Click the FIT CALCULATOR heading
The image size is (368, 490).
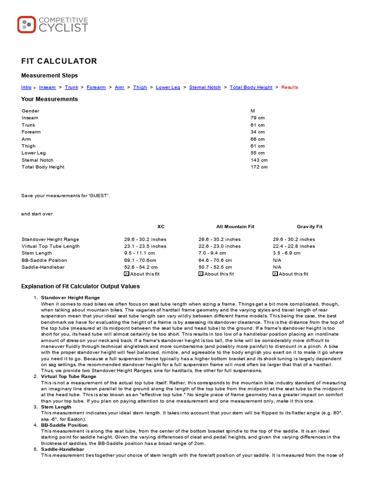tap(59, 61)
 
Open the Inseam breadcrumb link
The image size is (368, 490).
tap(47, 88)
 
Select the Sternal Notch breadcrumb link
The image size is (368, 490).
tap(205, 88)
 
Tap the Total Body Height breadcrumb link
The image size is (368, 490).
tap(251, 88)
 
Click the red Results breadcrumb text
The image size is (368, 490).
tap(289, 88)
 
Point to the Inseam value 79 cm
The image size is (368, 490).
tap(257, 118)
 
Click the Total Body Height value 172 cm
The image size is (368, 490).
tap(259, 167)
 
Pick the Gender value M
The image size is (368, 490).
tap(253, 111)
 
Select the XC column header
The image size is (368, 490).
tap(161, 226)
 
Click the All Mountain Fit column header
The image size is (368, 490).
tap(235, 226)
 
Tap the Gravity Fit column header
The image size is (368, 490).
tap(310, 226)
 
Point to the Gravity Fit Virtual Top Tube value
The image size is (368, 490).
tap(294, 246)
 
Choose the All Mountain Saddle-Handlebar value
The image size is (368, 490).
tap(215, 267)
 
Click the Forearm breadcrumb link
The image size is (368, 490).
tap(96, 88)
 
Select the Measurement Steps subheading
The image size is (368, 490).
tap(49, 76)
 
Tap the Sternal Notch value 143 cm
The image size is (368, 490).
tap(259, 160)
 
